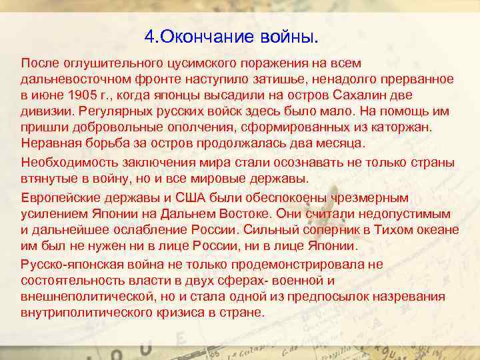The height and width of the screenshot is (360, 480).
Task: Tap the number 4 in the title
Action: (149, 34)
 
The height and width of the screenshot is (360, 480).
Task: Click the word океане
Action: (438, 230)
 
